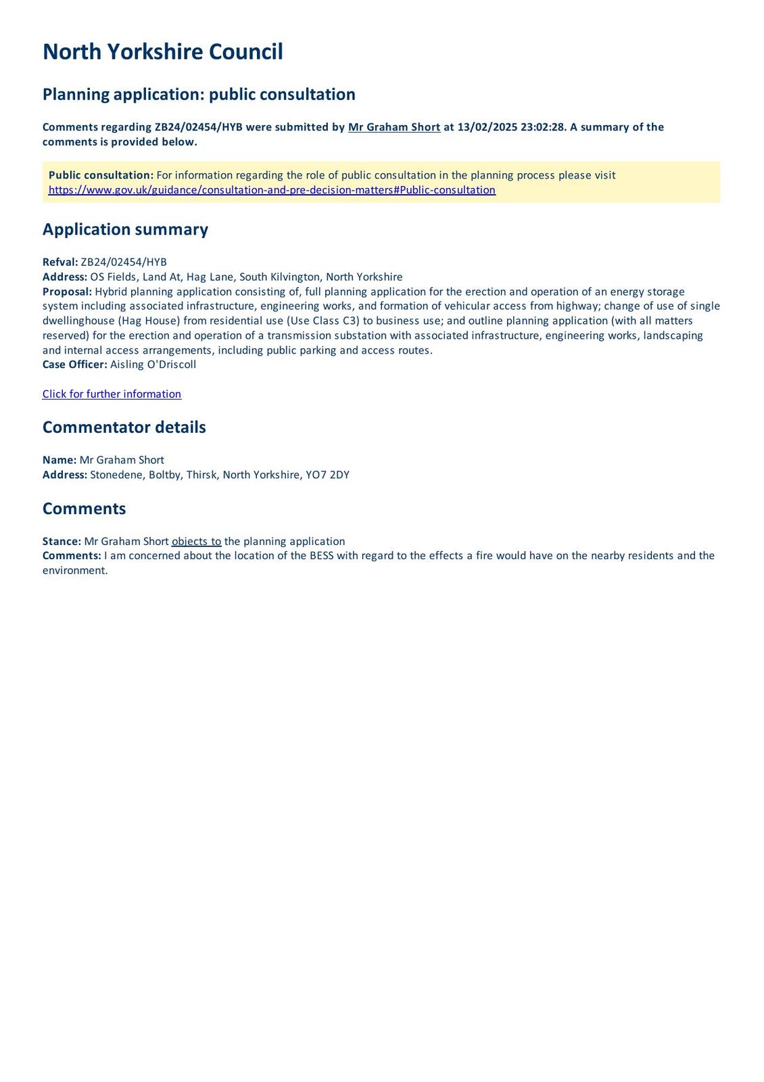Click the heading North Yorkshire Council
point(162,52)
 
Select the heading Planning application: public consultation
point(199,95)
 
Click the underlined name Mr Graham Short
point(393,127)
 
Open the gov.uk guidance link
point(272,190)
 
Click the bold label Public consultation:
point(101,175)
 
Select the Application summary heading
point(125,229)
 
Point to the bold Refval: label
point(60,262)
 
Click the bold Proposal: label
point(67,291)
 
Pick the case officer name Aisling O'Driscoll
point(153,364)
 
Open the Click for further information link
point(112,394)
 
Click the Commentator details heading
point(124,427)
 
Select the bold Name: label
point(59,460)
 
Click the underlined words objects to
point(196,542)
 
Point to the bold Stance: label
point(62,542)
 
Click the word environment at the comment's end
point(74,571)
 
